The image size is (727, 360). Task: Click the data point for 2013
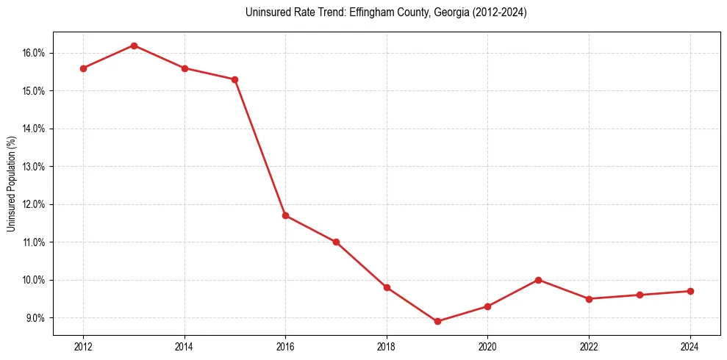134,46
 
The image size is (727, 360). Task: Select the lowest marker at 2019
437,321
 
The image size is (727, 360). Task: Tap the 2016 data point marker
285,215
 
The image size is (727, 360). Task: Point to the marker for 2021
539,280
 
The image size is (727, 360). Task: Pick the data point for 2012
83,68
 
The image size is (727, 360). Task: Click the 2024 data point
690,291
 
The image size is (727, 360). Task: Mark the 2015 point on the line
234,79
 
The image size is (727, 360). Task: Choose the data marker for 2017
336,242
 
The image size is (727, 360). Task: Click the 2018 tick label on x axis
387,347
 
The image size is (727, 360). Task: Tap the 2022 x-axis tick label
589,347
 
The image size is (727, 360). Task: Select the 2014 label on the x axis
185,347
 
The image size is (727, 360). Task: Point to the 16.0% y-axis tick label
35,53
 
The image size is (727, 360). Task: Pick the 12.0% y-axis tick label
35,204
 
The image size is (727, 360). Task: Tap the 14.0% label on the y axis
35,129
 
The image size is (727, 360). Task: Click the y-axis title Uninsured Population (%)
12,184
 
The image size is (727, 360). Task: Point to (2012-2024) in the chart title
495,12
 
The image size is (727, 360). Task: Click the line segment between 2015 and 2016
260,148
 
